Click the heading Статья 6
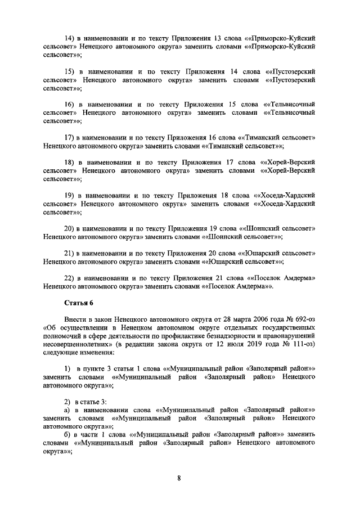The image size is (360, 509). coord(78,304)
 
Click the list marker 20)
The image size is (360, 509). coord(70,229)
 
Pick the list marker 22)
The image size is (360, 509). coord(70,278)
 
